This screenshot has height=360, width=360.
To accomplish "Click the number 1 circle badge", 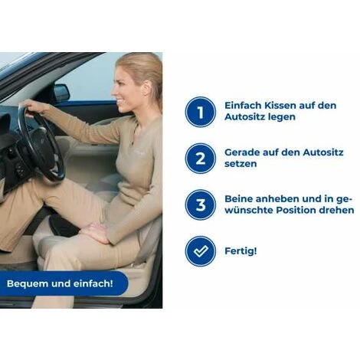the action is pyautogui.click(x=201, y=112).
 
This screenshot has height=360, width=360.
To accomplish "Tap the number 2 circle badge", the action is pyautogui.click(x=201, y=159).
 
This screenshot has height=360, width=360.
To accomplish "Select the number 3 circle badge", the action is pyautogui.click(x=201, y=205).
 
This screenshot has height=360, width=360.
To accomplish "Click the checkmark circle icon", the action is pyautogui.click(x=201, y=251).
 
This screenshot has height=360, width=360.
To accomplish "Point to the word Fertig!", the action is pyautogui.click(x=241, y=251).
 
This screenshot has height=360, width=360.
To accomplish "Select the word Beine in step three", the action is pyautogui.click(x=238, y=199).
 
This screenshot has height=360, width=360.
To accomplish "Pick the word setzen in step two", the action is pyautogui.click(x=241, y=164).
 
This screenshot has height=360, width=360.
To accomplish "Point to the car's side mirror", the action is pyautogui.click(x=61, y=93).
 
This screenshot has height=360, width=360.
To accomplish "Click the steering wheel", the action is pyautogui.click(x=41, y=143).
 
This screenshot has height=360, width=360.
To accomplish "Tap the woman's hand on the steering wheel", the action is pyautogui.click(x=33, y=106).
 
